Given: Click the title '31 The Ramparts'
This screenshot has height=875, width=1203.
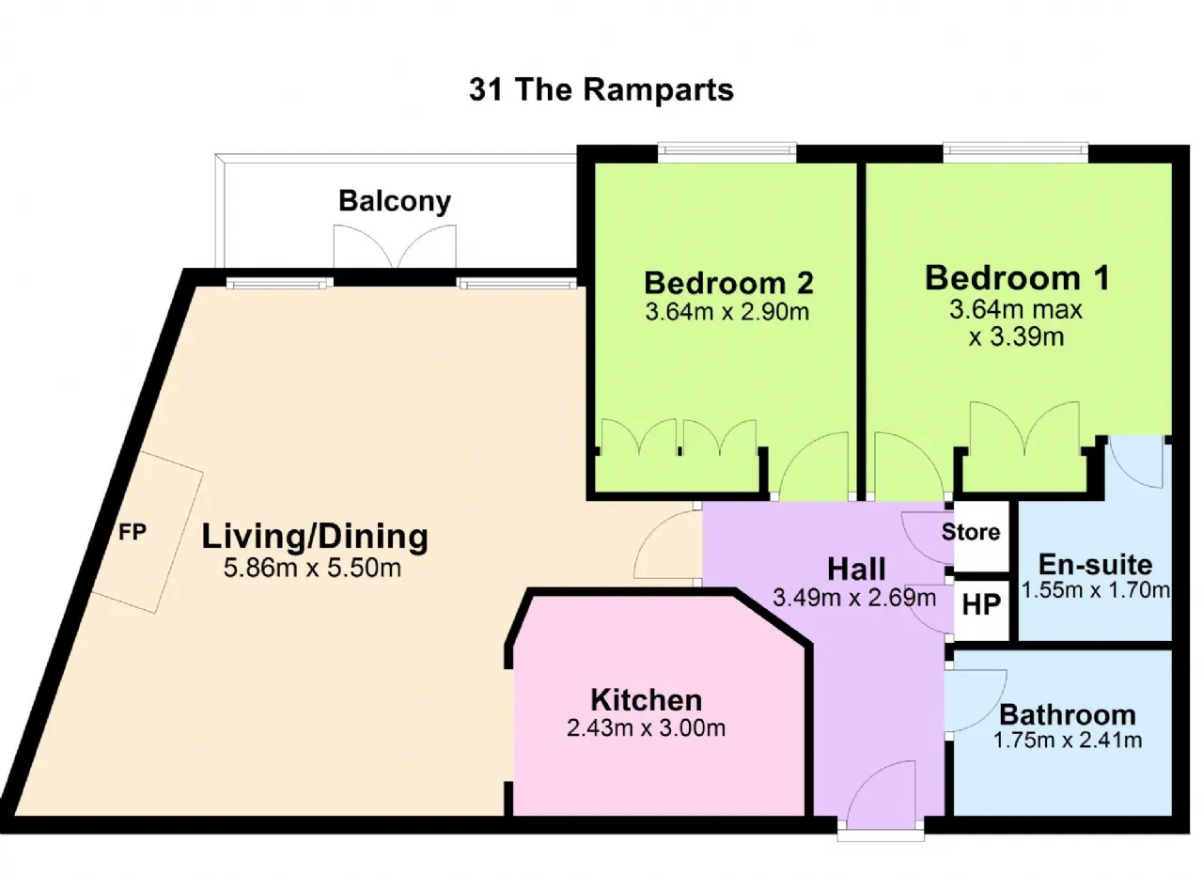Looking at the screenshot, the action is (601, 89).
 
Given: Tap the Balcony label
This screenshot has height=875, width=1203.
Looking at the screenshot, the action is (395, 201).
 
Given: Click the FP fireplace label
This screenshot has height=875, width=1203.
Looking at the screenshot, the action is (133, 532).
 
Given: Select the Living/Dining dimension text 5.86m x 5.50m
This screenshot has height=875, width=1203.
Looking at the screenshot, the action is (312, 568).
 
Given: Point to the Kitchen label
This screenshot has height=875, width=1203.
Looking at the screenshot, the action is (646, 699).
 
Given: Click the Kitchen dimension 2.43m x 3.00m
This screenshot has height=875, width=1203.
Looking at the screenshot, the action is (646, 727).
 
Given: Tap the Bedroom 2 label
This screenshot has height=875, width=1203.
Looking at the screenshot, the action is (728, 283).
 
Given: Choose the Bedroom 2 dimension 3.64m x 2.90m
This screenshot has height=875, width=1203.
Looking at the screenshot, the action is (727, 311).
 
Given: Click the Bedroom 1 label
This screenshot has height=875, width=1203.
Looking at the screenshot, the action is (1017, 278).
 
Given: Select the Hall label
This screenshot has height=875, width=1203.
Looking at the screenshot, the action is (856, 569).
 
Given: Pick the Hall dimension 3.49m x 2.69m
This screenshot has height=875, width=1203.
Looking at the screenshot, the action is (854, 598).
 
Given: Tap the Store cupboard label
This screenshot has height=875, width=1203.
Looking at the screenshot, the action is (971, 532).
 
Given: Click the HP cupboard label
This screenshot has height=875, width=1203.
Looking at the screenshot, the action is (981, 605).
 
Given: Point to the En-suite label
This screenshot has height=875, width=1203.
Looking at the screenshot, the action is (1095, 564).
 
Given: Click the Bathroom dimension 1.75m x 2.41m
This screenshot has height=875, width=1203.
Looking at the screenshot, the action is (1068, 741).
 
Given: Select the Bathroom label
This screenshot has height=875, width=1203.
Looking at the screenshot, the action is (1068, 715).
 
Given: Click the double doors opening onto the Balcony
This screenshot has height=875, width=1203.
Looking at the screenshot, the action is (395, 246).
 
